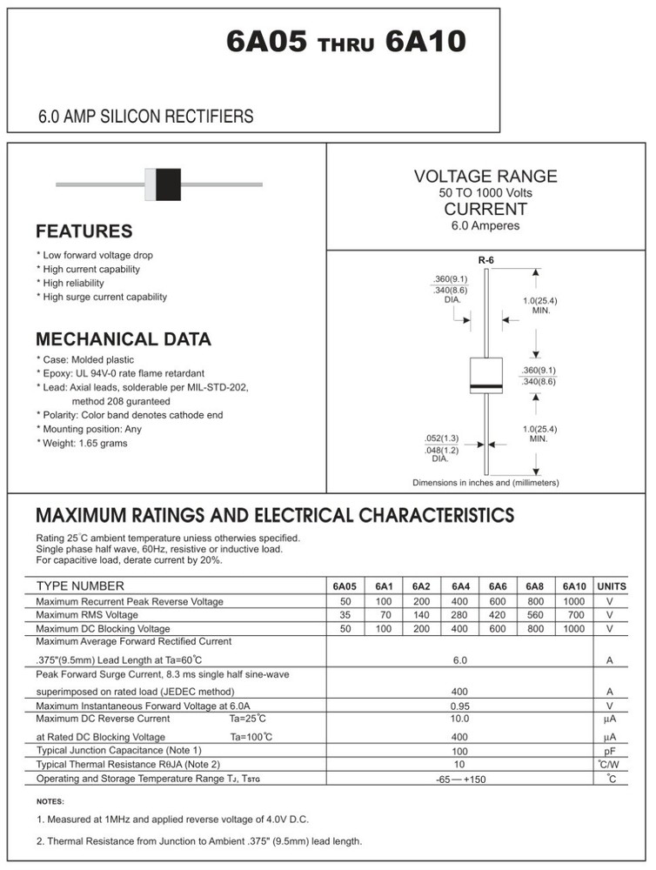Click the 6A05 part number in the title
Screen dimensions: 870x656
click(266, 41)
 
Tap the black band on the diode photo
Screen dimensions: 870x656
click(169, 184)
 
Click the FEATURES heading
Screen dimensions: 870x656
click(84, 231)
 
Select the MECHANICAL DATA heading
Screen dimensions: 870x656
click(123, 339)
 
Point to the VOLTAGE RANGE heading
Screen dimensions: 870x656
click(485, 177)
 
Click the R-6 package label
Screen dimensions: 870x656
click(485, 260)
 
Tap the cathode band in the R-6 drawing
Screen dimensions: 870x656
click(487, 386)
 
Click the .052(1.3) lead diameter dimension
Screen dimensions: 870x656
click(441, 438)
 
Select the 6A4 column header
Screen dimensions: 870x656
click(460, 586)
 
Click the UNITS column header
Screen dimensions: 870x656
click(611, 586)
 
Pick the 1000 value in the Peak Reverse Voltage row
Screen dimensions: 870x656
click(573, 601)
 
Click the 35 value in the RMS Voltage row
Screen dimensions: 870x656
click(345, 615)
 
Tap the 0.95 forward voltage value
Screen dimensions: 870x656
click(459, 706)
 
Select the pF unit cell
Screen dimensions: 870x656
click(610, 751)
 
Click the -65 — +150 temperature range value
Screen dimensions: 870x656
click(460, 779)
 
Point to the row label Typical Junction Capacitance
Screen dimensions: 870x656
click(118, 750)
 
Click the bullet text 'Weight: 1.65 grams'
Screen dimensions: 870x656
click(84, 444)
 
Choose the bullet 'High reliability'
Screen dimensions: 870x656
click(72, 284)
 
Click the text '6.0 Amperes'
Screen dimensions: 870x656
click(485, 226)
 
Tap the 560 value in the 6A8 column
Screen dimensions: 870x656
click(535, 615)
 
